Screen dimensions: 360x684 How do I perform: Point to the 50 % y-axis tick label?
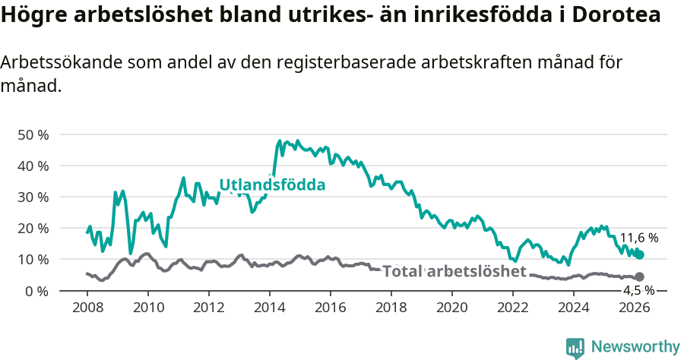tap(33, 134)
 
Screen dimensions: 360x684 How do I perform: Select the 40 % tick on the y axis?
tap(33, 166)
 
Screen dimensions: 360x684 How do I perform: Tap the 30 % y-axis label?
tap(33, 197)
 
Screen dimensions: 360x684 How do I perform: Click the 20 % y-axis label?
tap(33, 228)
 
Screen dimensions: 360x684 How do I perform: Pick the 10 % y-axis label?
tap(33, 259)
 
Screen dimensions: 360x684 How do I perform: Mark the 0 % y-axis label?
tap(36, 291)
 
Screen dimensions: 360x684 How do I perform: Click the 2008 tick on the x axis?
tap(87, 308)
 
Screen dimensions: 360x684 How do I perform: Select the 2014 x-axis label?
tap(270, 308)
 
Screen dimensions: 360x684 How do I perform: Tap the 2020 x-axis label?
tap(452, 308)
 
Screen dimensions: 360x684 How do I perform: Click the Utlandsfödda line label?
tap(272, 185)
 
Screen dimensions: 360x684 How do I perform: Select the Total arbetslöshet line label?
tap(454, 272)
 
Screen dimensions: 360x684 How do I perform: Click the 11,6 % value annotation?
tap(638, 238)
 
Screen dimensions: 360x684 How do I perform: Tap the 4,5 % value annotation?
tap(638, 290)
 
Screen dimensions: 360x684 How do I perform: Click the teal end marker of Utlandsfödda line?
tap(640, 255)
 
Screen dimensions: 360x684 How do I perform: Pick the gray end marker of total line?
tap(640, 277)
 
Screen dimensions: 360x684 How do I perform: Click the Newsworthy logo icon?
tap(575, 348)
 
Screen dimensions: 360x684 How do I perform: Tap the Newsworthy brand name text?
tap(635, 347)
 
